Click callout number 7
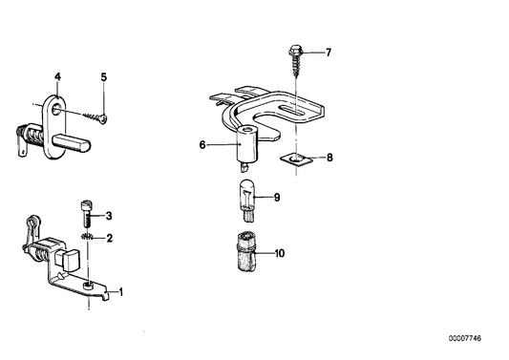click(329, 53)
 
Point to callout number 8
click(329, 158)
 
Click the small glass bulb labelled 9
click(247, 201)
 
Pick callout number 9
click(277, 198)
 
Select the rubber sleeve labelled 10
click(246, 251)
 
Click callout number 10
click(280, 253)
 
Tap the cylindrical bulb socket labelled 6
click(246, 145)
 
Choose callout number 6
click(202, 145)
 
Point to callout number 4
click(57, 77)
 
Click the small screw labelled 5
click(95, 117)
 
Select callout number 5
click(103, 77)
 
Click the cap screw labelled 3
click(86, 214)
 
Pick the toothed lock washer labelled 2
click(87, 238)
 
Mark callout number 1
click(120, 292)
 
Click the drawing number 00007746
click(465, 339)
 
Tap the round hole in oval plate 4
click(56, 109)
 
